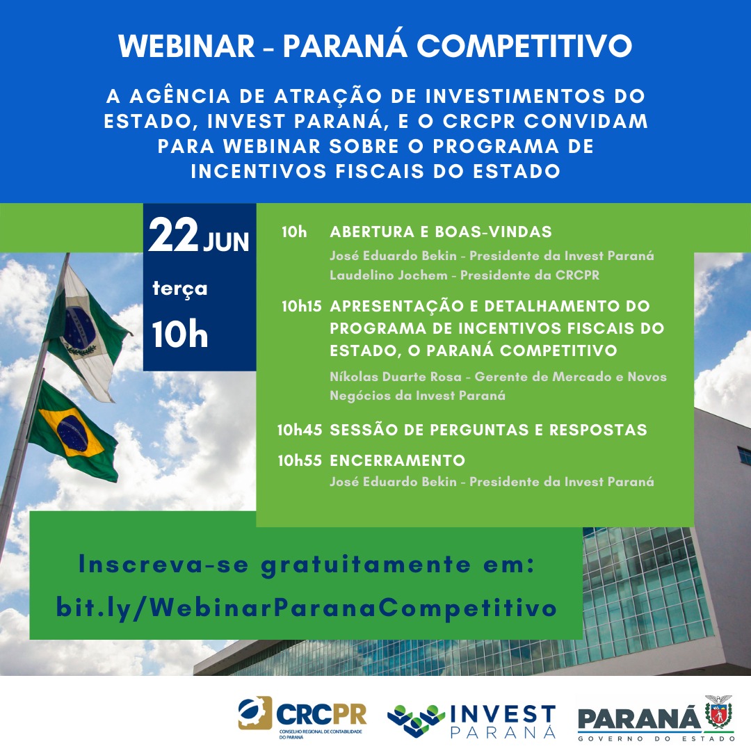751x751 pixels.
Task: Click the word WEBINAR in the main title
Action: [x=187, y=46]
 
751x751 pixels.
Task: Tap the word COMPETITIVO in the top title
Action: [x=524, y=46]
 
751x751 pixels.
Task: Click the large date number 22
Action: [x=173, y=235]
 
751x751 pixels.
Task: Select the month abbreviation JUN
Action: [x=226, y=241]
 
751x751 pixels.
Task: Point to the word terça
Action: [x=180, y=289]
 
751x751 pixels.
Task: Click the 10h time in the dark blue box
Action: [x=180, y=334]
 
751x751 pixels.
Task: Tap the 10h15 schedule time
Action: [x=301, y=306]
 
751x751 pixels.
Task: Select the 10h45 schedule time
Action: [x=299, y=430]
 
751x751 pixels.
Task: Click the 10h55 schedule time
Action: [x=300, y=460]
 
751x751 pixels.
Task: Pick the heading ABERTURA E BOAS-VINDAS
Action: [x=441, y=232]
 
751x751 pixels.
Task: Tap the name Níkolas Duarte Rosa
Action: [x=396, y=376]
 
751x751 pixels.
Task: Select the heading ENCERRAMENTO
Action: [x=398, y=460]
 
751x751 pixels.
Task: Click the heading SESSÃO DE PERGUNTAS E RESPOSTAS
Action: [x=489, y=430]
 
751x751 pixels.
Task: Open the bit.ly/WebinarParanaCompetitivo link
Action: [x=307, y=608]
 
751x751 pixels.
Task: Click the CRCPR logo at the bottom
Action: [x=302, y=717]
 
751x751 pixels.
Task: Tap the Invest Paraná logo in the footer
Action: [x=471, y=721]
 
